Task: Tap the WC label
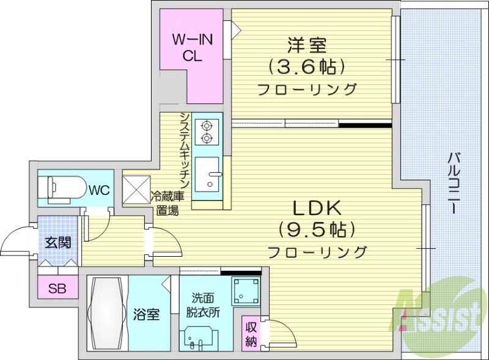coord(99,189)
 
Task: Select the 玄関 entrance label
coord(57,242)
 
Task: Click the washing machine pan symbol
coord(245,293)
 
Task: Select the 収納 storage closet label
coord(251,333)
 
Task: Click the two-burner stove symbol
coord(207,131)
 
